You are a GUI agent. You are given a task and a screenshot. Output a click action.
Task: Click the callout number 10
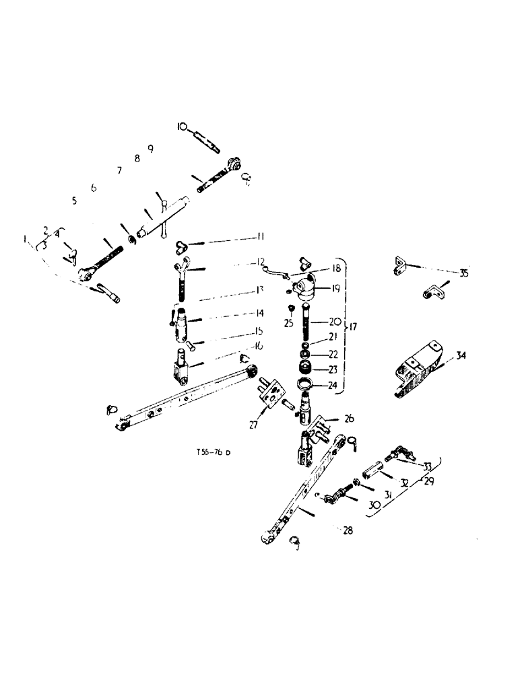pyautogui.click(x=183, y=126)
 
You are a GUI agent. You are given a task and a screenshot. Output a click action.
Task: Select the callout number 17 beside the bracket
pyautogui.click(x=354, y=327)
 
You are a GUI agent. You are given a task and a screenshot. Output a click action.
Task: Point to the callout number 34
pyautogui.click(x=461, y=356)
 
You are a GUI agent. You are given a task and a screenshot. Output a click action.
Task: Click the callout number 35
pyautogui.click(x=463, y=273)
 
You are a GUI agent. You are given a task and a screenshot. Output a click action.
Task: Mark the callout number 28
pyautogui.click(x=348, y=530)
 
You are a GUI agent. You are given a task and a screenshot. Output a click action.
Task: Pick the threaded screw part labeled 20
pyautogui.click(x=308, y=324)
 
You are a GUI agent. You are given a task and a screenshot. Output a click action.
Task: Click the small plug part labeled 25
pyautogui.click(x=291, y=308)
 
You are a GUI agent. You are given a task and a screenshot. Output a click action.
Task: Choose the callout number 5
pyautogui.click(x=74, y=201)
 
